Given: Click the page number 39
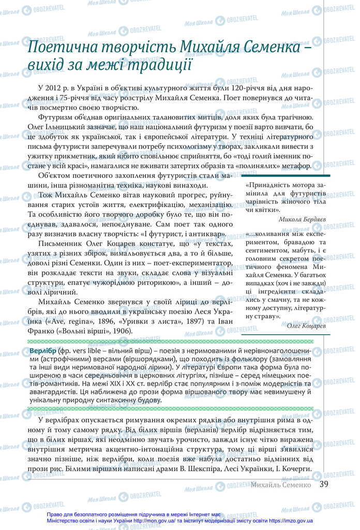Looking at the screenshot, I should point(324,484).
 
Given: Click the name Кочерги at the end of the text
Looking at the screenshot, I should point(294,468).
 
